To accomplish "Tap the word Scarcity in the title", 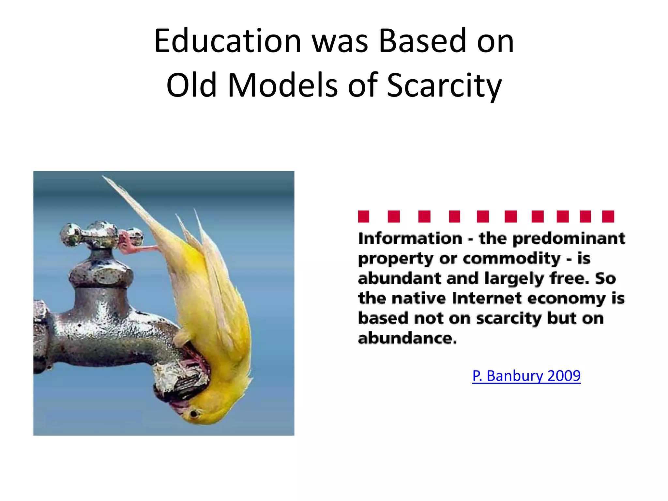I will point(444,85).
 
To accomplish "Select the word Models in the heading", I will point(282,85).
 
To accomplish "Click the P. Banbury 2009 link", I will point(526,376).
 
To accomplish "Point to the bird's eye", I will point(194,414).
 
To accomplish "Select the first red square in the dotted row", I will point(363,217).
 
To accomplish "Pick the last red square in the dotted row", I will point(608,217).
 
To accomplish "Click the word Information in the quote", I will point(410,238).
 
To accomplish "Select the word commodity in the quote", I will point(511,259).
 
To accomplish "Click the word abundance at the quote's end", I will point(407,339).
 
